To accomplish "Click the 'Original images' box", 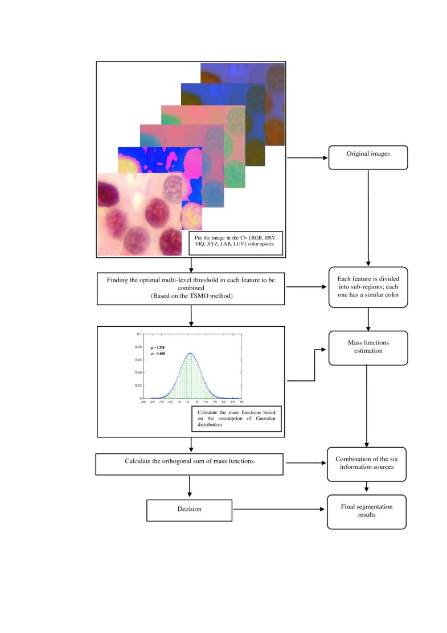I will [x=368, y=154].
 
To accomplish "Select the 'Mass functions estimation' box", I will [x=368, y=347].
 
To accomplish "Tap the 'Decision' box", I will [x=188, y=509].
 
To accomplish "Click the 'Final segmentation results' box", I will [x=367, y=510].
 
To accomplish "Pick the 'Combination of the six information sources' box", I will [x=367, y=463].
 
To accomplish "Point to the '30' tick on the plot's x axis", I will [x=242, y=401].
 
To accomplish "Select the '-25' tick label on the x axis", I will [x=145, y=401].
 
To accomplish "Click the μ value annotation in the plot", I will [x=159, y=347].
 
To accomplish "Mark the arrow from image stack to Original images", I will [x=306, y=157].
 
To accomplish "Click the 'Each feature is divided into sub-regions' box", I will [x=368, y=287].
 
